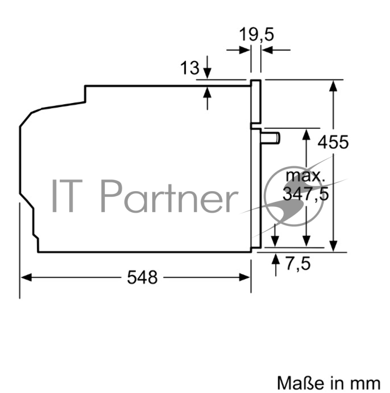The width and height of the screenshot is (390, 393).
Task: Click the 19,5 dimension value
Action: [x=256, y=35]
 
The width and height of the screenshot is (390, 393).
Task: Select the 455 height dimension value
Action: [x=333, y=142]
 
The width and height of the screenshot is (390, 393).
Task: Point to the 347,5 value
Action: [x=305, y=194]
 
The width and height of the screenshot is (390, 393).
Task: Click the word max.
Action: [x=305, y=175]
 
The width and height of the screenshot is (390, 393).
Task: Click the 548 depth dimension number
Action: [x=143, y=278]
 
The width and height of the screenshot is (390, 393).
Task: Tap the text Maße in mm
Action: [x=328, y=382]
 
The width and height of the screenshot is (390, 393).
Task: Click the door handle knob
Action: [x=272, y=138]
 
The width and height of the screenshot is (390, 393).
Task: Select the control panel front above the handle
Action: [x=256, y=101]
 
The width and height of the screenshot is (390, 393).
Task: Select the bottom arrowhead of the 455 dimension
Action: [x=334, y=247]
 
